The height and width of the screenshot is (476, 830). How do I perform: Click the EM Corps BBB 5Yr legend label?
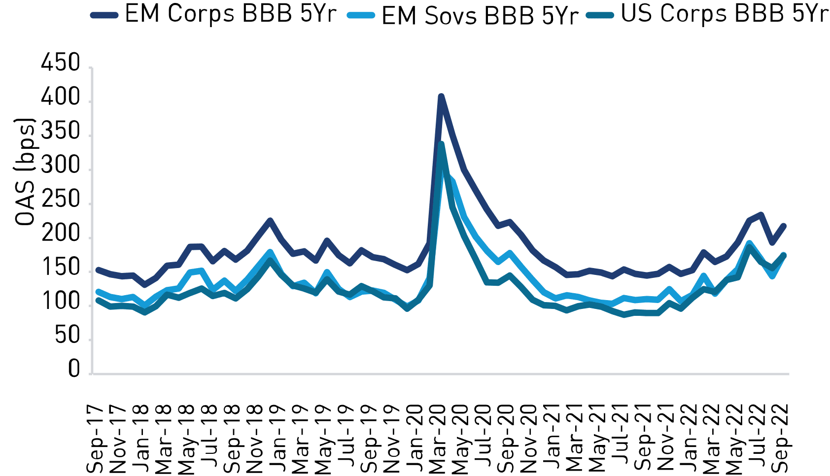click(x=230, y=14)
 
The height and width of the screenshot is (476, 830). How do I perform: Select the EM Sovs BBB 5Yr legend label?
click(x=480, y=16)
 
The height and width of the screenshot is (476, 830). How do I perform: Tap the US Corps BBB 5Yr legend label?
click(x=724, y=14)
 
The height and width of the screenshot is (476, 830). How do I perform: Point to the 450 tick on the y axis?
click(x=61, y=64)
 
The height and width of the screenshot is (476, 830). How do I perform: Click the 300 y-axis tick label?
click(x=61, y=166)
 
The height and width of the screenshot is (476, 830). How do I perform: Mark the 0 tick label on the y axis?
click(x=74, y=369)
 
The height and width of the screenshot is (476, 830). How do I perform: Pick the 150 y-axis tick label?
click(x=61, y=268)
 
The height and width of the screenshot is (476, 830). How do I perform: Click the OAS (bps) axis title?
click(x=25, y=171)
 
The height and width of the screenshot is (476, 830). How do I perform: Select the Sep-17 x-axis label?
click(x=96, y=439)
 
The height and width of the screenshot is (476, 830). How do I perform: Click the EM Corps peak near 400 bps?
click(x=441, y=96)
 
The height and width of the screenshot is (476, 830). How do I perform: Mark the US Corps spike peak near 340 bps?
click(x=442, y=144)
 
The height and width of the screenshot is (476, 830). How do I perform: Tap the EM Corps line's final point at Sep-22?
click(x=784, y=226)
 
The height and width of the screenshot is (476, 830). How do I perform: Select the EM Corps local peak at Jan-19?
click(x=270, y=220)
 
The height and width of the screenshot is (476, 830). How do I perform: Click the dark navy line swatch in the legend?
click(x=104, y=15)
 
